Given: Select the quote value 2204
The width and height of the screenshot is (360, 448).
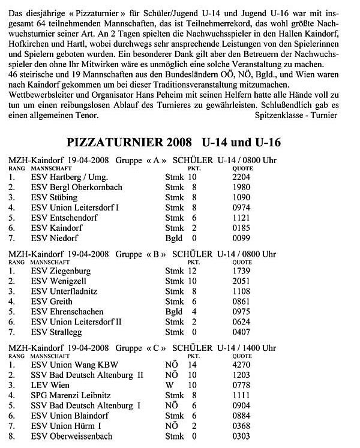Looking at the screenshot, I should [x=242, y=178].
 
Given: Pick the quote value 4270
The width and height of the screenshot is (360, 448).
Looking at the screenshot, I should [x=242, y=364].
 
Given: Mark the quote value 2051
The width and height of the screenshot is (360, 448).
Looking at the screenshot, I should [x=242, y=281].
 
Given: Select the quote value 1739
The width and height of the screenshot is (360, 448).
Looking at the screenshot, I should [x=242, y=271].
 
